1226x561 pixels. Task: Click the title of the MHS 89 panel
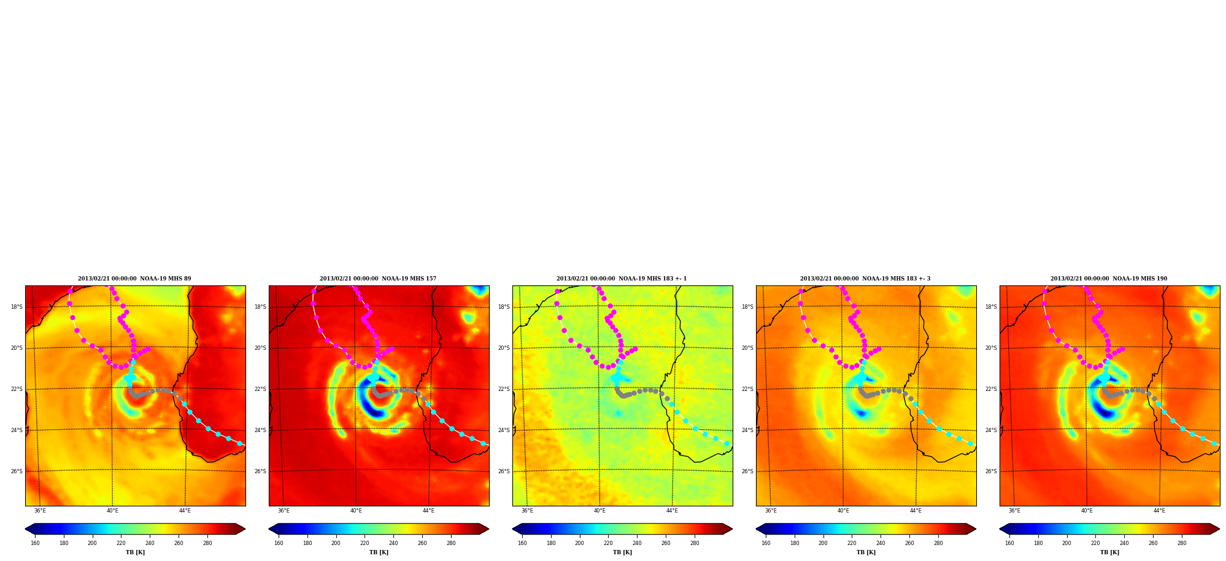[x=134, y=279]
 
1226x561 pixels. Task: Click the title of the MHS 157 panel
[x=378, y=279]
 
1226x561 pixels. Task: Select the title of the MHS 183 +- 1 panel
[x=622, y=279]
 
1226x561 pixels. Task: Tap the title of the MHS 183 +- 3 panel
[x=865, y=279]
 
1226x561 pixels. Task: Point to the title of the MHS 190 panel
[x=1109, y=279]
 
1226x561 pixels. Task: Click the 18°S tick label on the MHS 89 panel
[x=17, y=307]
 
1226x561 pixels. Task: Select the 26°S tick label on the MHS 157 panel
[x=260, y=471]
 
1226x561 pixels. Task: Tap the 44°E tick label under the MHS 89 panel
[x=185, y=511]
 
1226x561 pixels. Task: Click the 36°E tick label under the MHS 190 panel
[x=1014, y=511]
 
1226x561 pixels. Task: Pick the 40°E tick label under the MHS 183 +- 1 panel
[x=600, y=511]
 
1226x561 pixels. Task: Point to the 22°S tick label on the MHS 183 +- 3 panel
[x=747, y=389]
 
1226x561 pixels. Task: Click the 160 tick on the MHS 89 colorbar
[x=35, y=543]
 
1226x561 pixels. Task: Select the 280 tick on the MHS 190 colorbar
[x=1182, y=543]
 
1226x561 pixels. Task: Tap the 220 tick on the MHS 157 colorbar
[x=364, y=543]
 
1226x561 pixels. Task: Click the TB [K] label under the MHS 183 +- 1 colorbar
[x=622, y=552]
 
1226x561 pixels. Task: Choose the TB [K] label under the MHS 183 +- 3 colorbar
[x=866, y=552]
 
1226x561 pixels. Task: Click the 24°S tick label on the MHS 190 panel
[x=991, y=430]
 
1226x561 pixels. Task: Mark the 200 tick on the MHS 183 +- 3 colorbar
[x=823, y=543]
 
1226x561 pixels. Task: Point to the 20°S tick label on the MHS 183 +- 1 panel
[x=504, y=348]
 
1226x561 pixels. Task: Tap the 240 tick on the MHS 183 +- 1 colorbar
[x=637, y=543]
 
